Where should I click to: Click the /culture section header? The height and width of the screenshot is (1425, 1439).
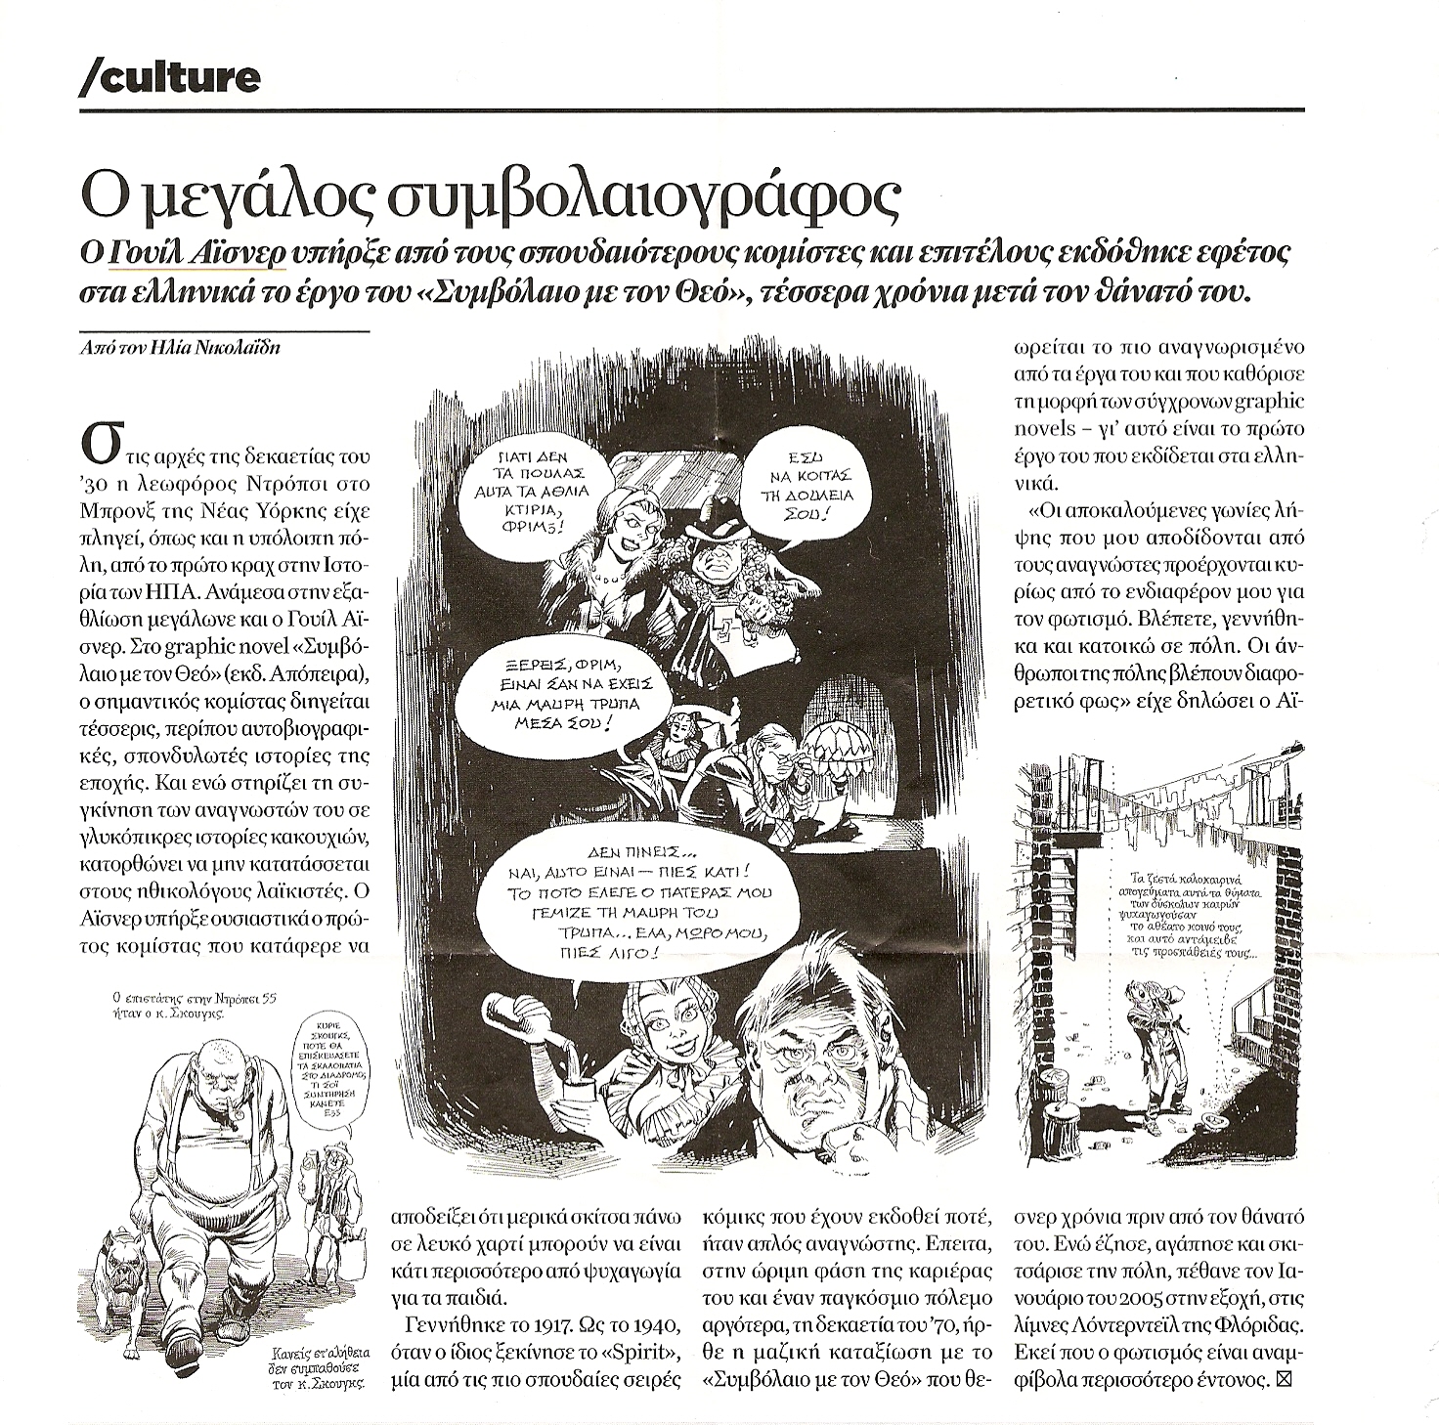coord(169,76)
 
